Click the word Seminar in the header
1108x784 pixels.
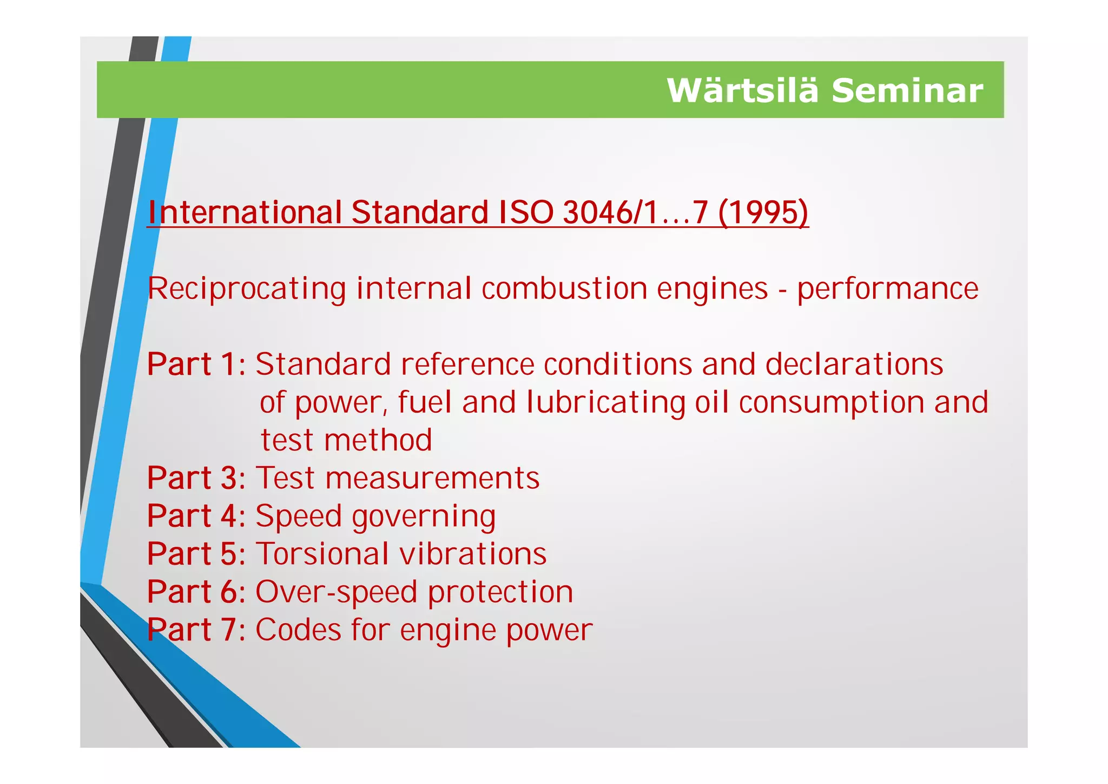tap(907, 90)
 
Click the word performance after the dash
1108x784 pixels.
tap(887, 289)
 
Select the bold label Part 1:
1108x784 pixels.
tap(196, 364)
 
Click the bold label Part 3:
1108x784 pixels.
tap(196, 478)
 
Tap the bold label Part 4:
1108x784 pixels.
tap(196, 516)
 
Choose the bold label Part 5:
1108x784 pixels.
tap(196, 554)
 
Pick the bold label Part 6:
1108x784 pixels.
tap(196, 592)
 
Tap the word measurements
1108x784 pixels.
tap(432, 478)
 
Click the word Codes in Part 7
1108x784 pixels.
tap(298, 630)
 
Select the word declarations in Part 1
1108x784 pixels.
tap(854, 364)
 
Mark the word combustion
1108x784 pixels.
tap(564, 289)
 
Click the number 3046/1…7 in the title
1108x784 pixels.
tap(635, 212)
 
